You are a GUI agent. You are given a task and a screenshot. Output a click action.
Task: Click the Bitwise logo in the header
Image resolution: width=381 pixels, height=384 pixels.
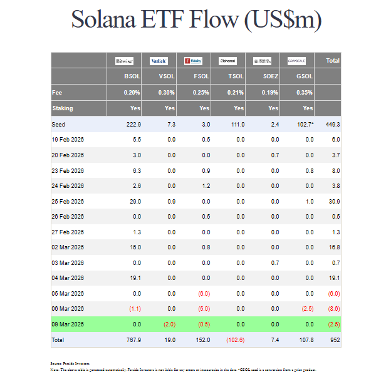pyautogui.click(x=124, y=61)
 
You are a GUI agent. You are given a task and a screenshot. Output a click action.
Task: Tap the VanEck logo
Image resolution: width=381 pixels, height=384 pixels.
pyautogui.click(x=159, y=61)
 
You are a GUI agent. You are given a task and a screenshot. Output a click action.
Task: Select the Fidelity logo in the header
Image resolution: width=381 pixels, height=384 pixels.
pyautogui.click(x=193, y=61)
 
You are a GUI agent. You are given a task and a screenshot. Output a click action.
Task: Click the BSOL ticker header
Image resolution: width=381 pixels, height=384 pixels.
pyautogui.click(x=132, y=76)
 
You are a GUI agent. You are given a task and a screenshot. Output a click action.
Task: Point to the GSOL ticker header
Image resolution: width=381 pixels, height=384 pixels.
pyautogui.click(x=305, y=76)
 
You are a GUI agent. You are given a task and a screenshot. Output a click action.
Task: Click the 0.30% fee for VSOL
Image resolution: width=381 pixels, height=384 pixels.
pyautogui.click(x=166, y=92)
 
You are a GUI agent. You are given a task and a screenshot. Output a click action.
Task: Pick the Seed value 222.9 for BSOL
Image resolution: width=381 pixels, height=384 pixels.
pyautogui.click(x=133, y=125)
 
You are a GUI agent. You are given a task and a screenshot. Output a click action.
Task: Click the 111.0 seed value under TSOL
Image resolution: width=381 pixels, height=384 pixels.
pyautogui.click(x=237, y=125)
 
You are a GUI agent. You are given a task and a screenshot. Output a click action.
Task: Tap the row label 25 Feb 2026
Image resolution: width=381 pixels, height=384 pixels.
pyautogui.click(x=68, y=200)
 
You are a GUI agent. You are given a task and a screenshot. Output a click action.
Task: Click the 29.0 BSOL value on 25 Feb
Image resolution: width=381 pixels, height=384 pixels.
pyautogui.click(x=135, y=200)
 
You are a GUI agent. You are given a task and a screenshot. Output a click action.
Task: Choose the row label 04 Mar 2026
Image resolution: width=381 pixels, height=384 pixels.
pyautogui.click(x=68, y=278)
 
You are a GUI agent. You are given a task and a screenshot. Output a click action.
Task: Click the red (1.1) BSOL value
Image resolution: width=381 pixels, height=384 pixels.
pyautogui.click(x=134, y=309)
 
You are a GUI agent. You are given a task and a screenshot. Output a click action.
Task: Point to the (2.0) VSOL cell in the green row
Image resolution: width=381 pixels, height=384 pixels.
pyautogui.click(x=169, y=324)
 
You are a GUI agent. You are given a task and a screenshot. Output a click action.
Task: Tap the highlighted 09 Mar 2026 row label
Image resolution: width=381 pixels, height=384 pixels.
pyautogui.click(x=68, y=324)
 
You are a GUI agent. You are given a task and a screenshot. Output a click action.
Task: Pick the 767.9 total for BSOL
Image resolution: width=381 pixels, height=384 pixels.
pyautogui.click(x=133, y=340)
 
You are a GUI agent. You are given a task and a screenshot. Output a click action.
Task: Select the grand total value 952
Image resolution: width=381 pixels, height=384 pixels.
pyautogui.click(x=333, y=340)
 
